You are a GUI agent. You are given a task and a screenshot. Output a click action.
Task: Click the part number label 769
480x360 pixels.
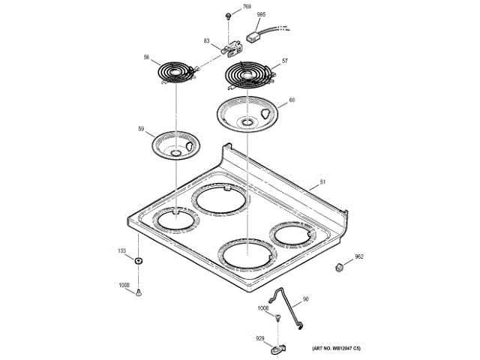pyautogui.click(x=247, y=7)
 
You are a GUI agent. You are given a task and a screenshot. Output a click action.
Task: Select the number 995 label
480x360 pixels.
pyautogui.click(x=261, y=15)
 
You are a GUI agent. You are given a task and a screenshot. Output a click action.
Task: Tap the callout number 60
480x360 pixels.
pyautogui.click(x=292, y=100)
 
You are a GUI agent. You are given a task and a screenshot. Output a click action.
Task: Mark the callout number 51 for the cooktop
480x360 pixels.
pyautogui.click(x=323, y=182)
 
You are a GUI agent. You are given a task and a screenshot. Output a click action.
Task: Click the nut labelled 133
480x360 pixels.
pyautogui.click(x=138, y=261)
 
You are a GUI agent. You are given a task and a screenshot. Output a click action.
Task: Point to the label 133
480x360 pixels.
pyautogui.click(x=121, y=250)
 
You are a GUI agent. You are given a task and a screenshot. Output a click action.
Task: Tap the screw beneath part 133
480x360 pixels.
pyautogui.click(x=139, y=294)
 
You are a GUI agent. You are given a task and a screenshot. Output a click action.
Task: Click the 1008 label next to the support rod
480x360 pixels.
pyautogui.click(x=263, y=307)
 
